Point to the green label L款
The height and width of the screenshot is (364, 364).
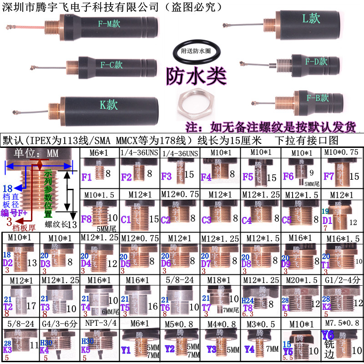(x=311, y=19)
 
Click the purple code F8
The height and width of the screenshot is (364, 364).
(x=87, y=218)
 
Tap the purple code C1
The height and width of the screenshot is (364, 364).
(x=126, y=219)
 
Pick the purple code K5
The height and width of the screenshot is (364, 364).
(x=86, y=350)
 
